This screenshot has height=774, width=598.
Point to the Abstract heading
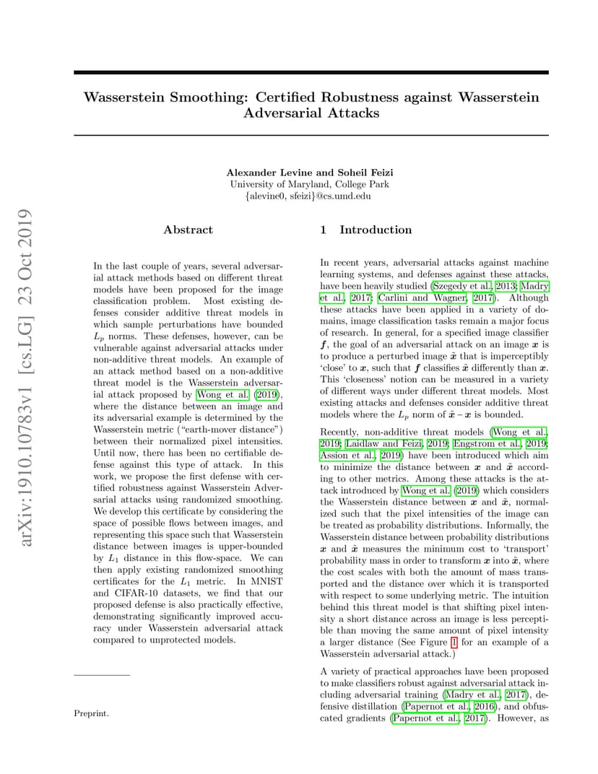[188, 230]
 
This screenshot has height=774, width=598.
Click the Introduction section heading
[376, 230]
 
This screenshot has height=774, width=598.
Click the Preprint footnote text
[91, 713]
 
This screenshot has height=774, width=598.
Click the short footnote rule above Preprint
[102, 675]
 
